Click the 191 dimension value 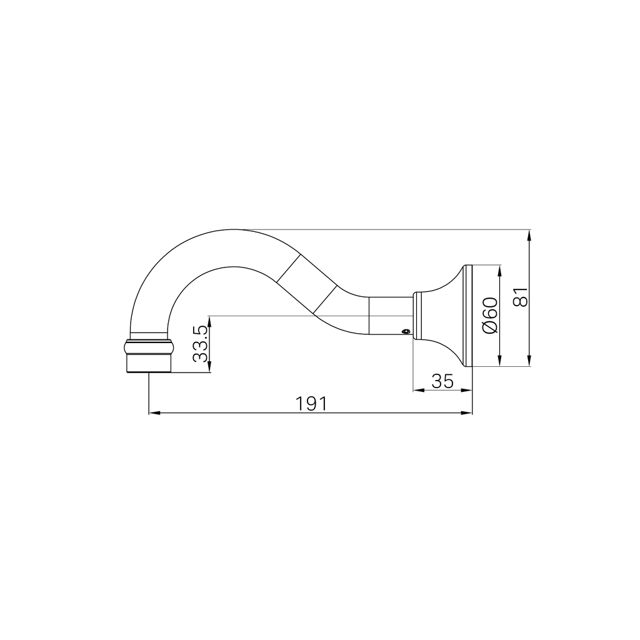311,404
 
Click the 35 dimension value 442,381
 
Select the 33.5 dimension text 200,345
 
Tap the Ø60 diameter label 490,316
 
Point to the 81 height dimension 520,296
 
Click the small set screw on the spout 405,332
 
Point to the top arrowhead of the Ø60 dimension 499,271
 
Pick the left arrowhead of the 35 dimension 418,390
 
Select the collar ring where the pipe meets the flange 417,316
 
